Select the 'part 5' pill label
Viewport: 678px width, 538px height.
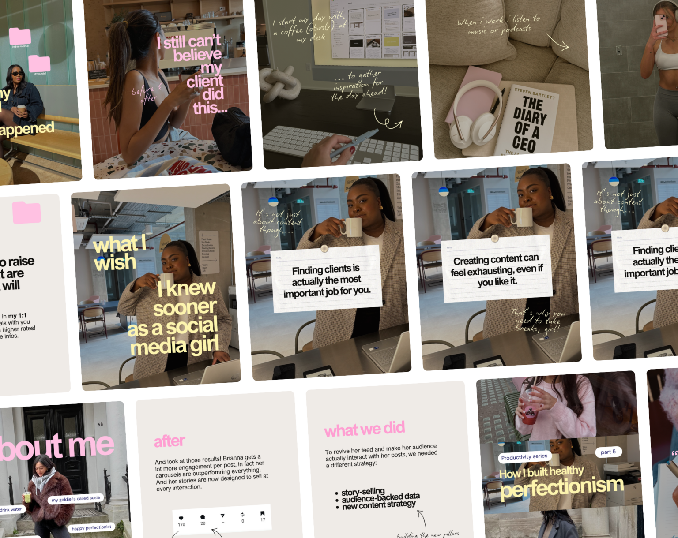click(608, 452)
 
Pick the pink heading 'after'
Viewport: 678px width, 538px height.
click(169, 441)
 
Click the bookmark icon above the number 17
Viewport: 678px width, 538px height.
click(262, 513)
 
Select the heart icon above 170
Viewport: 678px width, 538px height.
click(181, 518)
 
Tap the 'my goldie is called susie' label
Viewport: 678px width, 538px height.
click(76, 499)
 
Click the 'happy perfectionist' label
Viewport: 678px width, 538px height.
click(91, 527)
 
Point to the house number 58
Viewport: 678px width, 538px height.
click(100, 424)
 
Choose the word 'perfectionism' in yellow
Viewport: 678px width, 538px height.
click(562, 487)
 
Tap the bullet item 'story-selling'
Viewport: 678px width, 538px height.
click(362, 492)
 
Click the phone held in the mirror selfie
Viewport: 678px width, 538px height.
click(661, 24)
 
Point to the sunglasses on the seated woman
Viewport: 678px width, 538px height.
click(18, 73)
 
